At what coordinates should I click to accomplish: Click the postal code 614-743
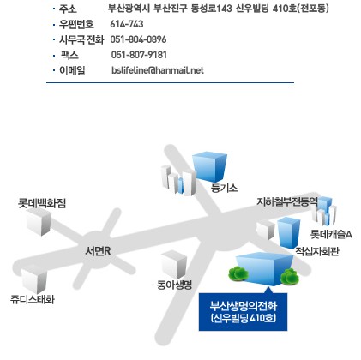point(127,24)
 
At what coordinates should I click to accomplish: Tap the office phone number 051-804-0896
point(138,39)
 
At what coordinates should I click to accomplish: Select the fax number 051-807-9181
point(139,55)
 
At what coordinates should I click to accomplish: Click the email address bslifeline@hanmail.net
point(158,70)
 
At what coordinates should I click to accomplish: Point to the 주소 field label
point(68,9)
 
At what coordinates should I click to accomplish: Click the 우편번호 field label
point(76,24)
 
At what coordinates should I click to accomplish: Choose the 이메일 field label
point(72,70)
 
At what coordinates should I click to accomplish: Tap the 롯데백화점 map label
point(42,203)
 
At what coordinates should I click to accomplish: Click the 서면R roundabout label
point(98,251)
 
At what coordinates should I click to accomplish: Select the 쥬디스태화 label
point(33,299)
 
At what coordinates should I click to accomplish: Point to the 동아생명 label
point(174,285)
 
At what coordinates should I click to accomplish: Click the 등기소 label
point(224,188)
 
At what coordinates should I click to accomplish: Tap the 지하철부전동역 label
point(287,201)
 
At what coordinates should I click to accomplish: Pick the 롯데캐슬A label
point(331,234)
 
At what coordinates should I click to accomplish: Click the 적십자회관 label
point(317,251)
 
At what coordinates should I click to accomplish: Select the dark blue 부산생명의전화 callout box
point(243,312)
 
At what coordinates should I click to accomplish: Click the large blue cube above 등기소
point(209,167)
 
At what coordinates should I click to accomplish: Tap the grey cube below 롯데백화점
point(39,222)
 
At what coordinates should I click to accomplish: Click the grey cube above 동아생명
point(174,265)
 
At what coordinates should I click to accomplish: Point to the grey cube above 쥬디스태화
point(34,279)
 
